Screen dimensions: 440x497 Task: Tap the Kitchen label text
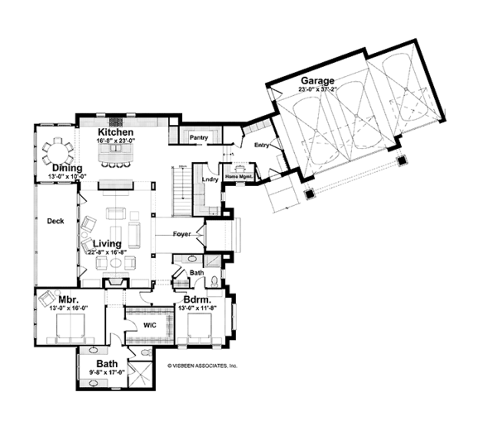coord(116,132)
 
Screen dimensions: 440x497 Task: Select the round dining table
coord(58,151)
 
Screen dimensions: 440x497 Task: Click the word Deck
coord(55,221)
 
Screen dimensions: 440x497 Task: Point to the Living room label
coord(109,243)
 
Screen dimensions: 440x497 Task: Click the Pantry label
coord(198,137)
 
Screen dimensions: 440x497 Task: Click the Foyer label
coord(182,234)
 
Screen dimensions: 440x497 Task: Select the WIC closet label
coord(150,325)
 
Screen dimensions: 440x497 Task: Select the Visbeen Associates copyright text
coord(202,364)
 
